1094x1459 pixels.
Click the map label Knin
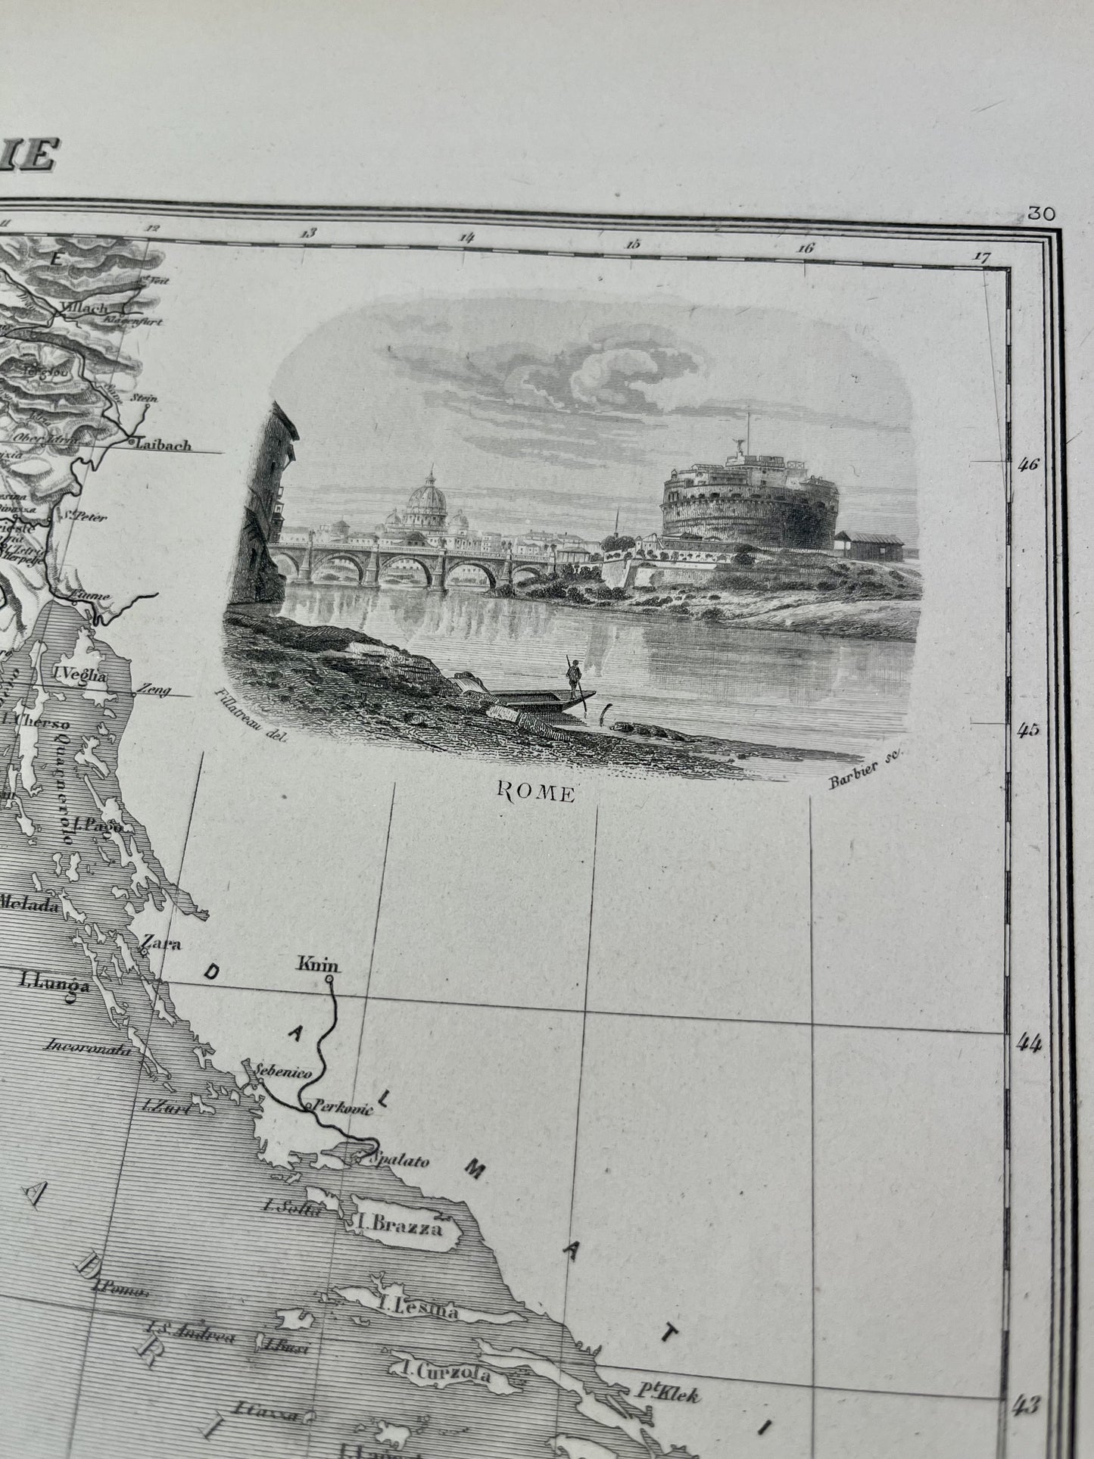click(319, 966)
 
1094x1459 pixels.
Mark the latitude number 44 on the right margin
click(1027, 1043)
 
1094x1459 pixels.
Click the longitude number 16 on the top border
click(805, 247)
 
